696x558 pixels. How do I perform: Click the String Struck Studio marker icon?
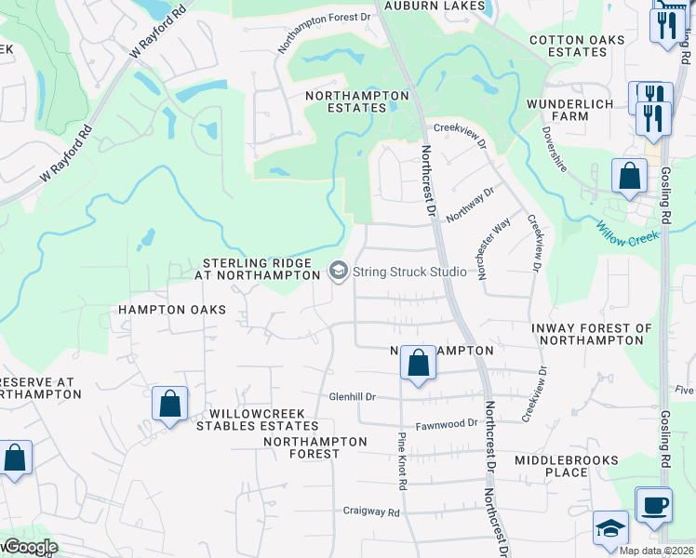338,272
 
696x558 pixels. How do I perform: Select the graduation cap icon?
610,528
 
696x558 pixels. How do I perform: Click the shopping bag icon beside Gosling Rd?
629,176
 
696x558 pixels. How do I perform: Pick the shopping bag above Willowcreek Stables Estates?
169,405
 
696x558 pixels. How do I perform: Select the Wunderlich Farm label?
569,110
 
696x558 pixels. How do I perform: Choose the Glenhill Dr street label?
352,397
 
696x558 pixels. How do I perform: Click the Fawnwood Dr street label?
446,423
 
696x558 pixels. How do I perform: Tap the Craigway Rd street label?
370,511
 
